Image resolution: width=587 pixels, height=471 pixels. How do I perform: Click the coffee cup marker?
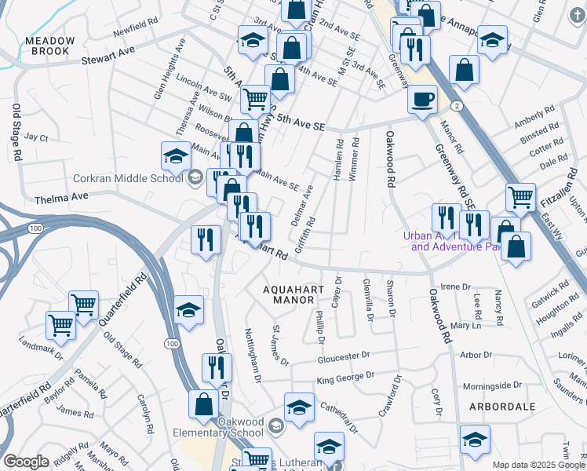pyautogui.click(x=423, y=100)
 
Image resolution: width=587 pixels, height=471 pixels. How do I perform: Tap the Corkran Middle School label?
pyautogui.click(x=129, y=177)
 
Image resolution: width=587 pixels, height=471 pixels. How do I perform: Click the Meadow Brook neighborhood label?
pyautogui.click(x=50, y=45)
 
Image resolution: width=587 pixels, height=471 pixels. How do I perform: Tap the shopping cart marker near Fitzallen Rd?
pyautogui.click(x=520, y=198)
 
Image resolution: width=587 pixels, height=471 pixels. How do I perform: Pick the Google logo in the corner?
pyautogui.click(x=26, y=462)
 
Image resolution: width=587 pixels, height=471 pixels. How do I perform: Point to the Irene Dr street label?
pyautogui.click(x=454, y=287)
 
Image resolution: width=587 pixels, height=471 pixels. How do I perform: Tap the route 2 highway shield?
pyautogui.click(x=456, y=104)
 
